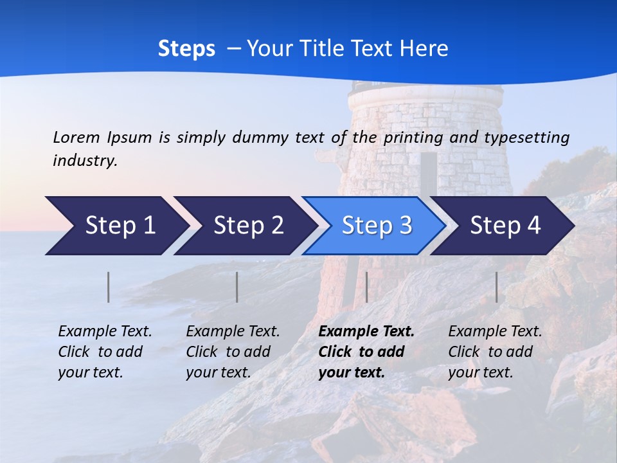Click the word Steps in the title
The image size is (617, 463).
[186, 49]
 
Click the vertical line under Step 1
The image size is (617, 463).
[109, 287]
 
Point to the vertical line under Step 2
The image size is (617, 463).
[237, 287]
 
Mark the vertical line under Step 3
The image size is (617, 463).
[366, 287]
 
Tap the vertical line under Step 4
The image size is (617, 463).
[496, 287]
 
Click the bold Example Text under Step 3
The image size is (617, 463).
[366, 332]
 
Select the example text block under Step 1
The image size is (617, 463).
[104, 352]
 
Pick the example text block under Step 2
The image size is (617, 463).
[232, 352]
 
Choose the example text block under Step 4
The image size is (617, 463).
[494, 352]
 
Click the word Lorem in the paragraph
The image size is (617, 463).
[76, 137]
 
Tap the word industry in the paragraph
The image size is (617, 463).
[84, 161]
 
